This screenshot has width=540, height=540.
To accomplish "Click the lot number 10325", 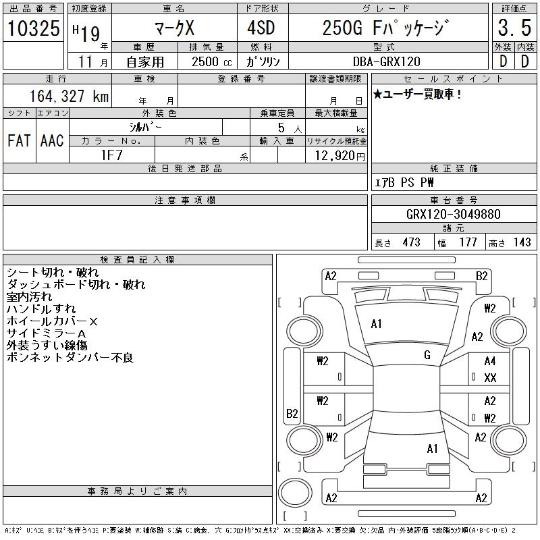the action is pos(34,28).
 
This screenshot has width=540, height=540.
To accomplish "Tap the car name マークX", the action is pos(173,28).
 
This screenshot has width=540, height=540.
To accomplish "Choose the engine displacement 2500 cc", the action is pos(207,61).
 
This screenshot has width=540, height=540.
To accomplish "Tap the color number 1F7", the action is pos(111,155).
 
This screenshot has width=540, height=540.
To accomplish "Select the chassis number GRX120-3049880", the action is pos(453,215).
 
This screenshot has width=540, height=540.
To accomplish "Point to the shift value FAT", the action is pos(18,141).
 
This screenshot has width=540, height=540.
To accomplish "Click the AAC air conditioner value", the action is pos(52,141).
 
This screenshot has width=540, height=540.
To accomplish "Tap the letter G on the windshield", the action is pos(427,355).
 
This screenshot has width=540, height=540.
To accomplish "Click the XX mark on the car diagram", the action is pos(490,378).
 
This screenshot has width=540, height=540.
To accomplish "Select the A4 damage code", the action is pos(490,362).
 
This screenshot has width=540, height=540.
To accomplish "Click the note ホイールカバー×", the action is pos(52,321).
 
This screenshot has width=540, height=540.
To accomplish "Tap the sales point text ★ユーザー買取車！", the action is pos(417,94).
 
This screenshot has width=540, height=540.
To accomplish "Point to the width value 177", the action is pos(468,242).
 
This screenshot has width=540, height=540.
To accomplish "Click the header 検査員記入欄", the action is pos(137,259).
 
